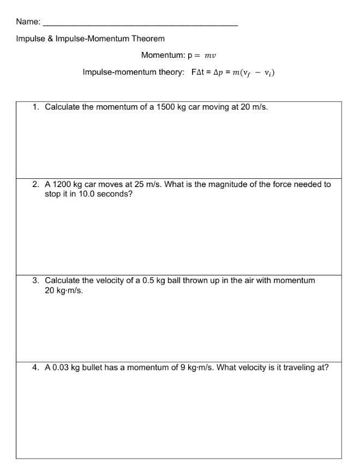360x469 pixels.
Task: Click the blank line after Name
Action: click(x=140, y=25)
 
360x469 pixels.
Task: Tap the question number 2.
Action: click(x=35, y=184)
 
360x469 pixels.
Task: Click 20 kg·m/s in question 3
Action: click(x=64, y=291)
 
